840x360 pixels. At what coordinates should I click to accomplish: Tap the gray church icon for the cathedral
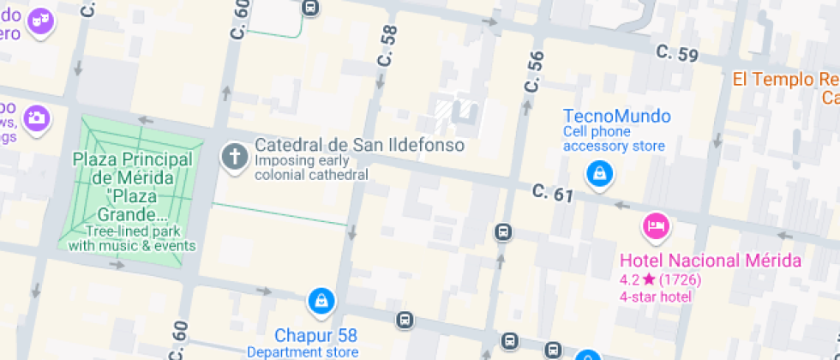232,157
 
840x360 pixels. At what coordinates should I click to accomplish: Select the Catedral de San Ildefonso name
359,145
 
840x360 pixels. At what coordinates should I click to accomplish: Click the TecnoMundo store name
616,116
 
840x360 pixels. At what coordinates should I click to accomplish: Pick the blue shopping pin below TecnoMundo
599,174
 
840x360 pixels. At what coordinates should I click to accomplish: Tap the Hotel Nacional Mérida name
710,261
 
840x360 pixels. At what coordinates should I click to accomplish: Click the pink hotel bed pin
656,226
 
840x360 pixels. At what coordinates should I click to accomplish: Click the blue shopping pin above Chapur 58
321,300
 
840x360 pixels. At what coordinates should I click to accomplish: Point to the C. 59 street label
677,53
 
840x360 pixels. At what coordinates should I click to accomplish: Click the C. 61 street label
552,194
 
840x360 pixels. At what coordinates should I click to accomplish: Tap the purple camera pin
37,117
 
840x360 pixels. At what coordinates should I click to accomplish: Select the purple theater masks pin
39,21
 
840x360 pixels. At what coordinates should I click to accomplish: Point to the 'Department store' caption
303,351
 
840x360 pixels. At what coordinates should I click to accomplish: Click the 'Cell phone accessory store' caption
613,139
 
